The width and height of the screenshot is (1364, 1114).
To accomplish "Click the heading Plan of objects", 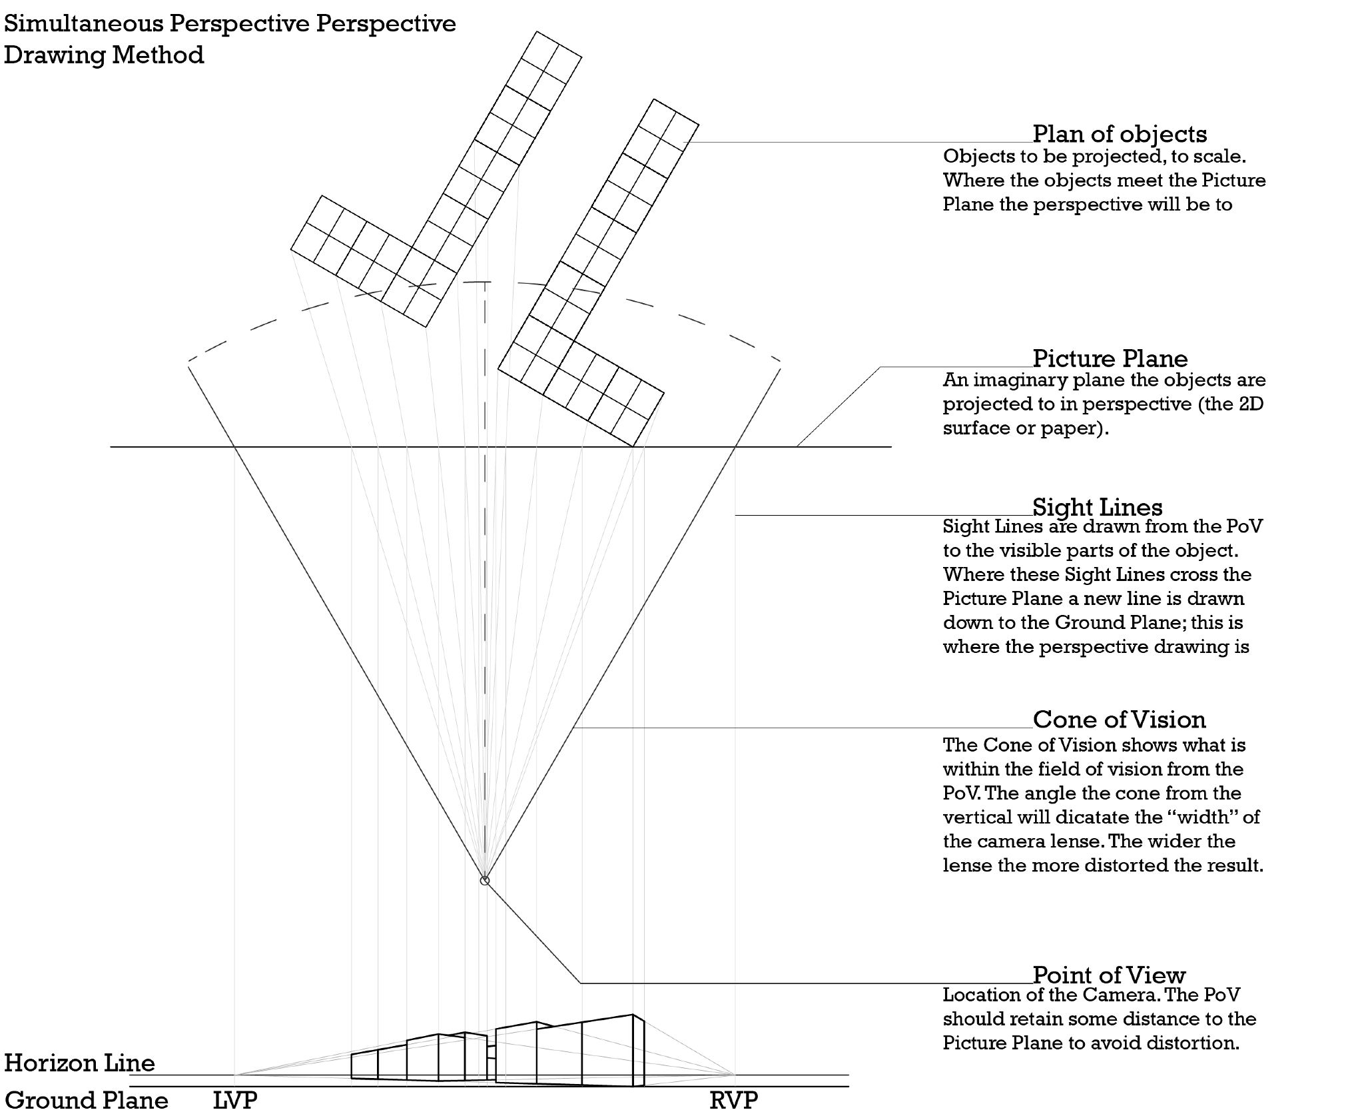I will coord(1119,134).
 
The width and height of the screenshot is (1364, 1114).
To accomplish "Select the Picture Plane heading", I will coord(1110,358).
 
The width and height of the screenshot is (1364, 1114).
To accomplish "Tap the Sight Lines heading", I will coord(1097,507).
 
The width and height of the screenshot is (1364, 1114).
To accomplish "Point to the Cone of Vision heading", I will coord(1119,719).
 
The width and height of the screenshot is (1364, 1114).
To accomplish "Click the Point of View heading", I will coord(1109,975).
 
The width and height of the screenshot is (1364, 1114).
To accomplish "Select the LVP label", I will coord(234,1099).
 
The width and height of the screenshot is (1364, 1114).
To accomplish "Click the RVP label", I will coord(733,1099).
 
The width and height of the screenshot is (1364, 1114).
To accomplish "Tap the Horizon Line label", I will coord(79,1062).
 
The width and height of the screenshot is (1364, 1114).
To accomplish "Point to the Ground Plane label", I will coord(86,1099).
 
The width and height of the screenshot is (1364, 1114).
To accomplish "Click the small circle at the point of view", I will coord(485,881).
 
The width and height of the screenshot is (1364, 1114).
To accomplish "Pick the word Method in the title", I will coord(158,55).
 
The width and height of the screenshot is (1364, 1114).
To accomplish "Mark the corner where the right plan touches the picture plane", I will coord(633,446).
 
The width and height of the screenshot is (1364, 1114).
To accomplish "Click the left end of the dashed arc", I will coord(190,361).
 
